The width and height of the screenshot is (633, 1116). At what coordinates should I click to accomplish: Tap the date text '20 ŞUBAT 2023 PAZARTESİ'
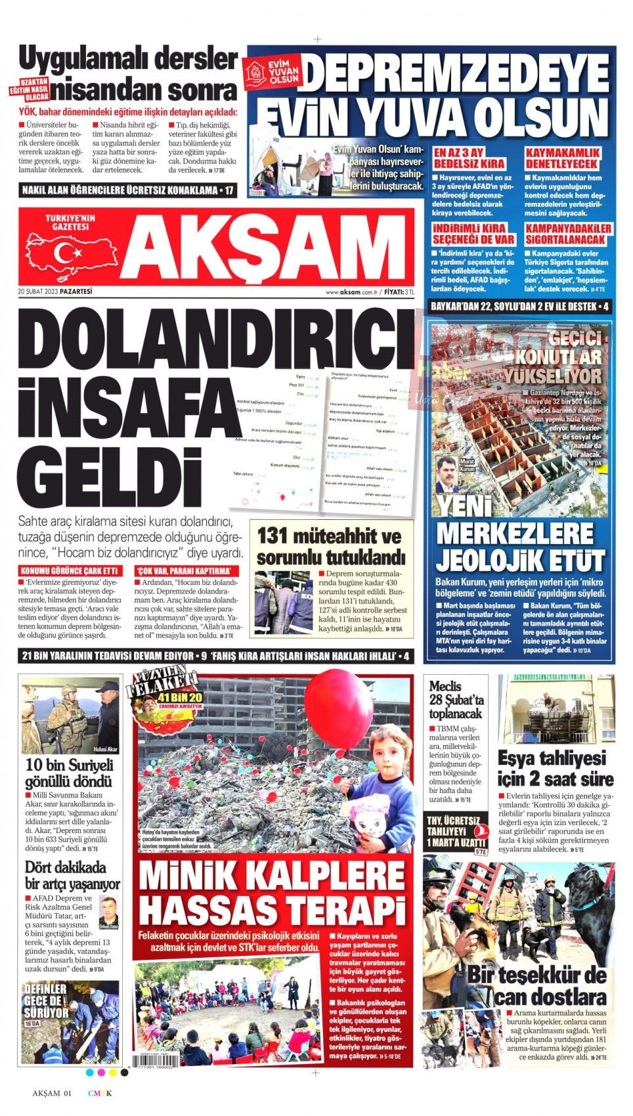click(55, 291)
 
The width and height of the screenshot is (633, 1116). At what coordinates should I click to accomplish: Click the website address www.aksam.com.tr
click(354, 292)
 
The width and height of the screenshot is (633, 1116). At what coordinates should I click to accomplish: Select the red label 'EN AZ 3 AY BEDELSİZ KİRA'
click(469, 158)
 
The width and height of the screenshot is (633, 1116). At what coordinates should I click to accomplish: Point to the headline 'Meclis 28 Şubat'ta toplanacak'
click(456, 699)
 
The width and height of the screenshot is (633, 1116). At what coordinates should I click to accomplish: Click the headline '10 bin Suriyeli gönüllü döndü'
click(69, 773)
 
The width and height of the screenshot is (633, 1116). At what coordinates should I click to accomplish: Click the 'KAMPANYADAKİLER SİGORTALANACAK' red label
click(568, 234)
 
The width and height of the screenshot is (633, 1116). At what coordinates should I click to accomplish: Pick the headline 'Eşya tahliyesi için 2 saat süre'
click(555, 768)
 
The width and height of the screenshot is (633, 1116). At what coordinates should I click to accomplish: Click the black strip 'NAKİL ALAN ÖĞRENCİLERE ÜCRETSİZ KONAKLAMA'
click(127, 190)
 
